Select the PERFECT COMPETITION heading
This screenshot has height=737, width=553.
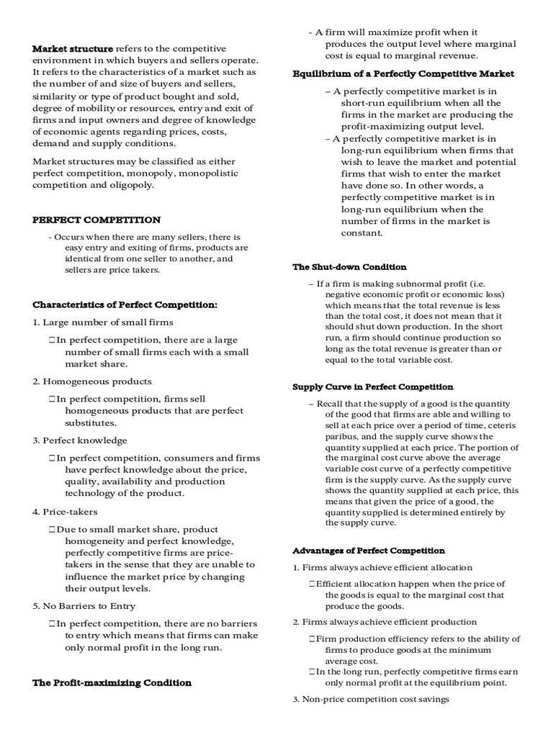96,220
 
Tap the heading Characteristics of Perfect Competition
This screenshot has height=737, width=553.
125,304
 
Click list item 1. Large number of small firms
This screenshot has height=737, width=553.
103,322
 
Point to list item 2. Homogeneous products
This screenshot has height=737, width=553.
92,381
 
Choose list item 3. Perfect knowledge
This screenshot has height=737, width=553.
80,440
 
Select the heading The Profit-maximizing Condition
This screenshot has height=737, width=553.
112,682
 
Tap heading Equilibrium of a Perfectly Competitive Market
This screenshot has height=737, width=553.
403,73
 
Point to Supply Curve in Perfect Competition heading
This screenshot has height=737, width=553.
373,386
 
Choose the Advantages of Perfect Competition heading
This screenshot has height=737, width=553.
369,551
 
